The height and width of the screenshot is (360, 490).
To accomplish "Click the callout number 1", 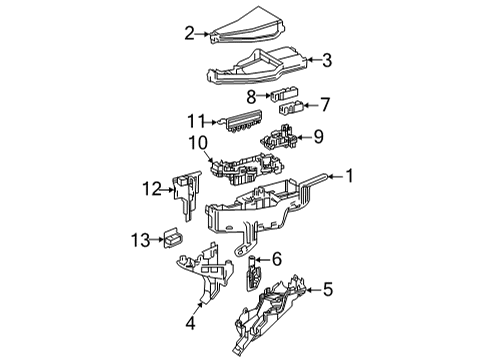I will click(350, 176).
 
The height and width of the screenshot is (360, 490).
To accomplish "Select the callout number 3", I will click(326, 60).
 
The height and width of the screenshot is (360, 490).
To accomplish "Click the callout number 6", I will click(277, 258).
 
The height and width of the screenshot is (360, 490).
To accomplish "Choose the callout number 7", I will click(326, 103).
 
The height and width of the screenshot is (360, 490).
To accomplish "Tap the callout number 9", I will click(319, 135).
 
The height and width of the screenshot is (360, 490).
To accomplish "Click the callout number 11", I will click(203, 121).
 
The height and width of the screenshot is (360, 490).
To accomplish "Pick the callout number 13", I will click(142, 238).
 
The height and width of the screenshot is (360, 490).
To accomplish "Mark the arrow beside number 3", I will click(309, 60).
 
